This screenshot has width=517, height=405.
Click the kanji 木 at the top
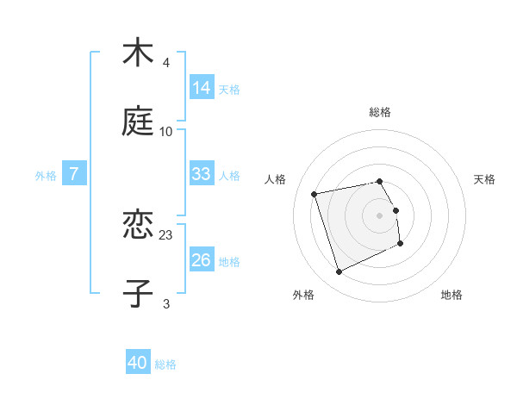point(138,53)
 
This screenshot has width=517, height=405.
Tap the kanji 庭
point(138,122)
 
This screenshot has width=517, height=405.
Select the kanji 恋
point(138,226)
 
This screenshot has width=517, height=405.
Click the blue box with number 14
point(202,87)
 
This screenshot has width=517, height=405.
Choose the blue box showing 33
point(202,174)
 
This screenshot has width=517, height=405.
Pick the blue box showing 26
point(202,260)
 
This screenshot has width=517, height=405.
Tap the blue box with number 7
point(74,174)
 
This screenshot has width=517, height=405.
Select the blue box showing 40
point(138,363)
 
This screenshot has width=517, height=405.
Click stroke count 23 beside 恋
point(166,234)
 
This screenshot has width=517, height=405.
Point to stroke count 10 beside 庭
point(166,132)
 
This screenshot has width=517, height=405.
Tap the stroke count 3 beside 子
point(166,303)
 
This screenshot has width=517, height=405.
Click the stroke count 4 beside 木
point(166,63)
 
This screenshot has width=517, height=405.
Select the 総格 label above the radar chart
point(380,112)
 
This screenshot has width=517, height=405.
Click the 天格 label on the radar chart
point(484,179)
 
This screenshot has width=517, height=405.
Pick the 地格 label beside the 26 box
point(229,261)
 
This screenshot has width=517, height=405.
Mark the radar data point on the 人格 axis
point(315,194)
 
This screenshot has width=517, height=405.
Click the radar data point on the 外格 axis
point(339,272)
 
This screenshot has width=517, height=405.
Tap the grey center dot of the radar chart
point(380,215)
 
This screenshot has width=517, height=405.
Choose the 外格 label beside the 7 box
point(46,175)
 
